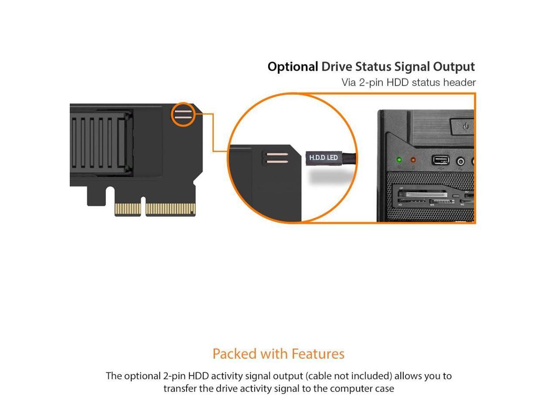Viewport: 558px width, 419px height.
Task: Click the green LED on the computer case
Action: click(x=399, y=160)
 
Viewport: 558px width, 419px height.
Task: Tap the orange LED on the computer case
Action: click(x=413, y=160)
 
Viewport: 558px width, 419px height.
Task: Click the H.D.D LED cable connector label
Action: click(x=323, y=158)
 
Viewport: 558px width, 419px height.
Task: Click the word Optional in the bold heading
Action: click(x=293, y=67)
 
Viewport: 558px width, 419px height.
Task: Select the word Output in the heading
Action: click(x=454, y=67)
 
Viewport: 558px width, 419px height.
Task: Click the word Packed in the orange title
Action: click(x=235, y=354)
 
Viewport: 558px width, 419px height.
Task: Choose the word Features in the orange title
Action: click(x=318, y=354)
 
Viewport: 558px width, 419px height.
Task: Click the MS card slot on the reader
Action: click(x=442, y=202)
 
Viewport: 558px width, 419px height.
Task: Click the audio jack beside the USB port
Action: click(x=460, y=161)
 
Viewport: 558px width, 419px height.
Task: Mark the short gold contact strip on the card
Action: click(x=127, y=209)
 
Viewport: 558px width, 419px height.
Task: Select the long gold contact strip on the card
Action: click(x=170, y=209)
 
